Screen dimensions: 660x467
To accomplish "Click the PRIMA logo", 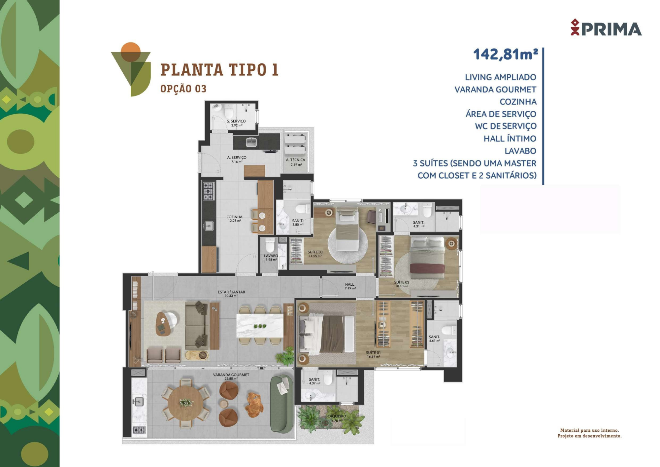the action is coord(606,27).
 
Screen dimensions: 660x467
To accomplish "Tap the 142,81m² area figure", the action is coord(506,54).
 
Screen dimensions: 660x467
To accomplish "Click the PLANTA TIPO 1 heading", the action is coord(219,70).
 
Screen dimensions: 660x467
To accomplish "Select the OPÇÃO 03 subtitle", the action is coord(183,89).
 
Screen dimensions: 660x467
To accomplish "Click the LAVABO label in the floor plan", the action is coord(271,256).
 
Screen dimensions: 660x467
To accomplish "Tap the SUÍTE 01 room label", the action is coord(373,353).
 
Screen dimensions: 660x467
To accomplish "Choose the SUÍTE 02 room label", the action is coord(402,282).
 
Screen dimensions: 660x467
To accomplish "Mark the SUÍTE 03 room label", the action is coord(315,252).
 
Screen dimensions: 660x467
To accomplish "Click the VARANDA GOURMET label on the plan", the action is coord(231,375).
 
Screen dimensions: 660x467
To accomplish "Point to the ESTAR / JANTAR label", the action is coord(231,292).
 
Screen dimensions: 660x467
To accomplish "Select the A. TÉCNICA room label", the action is coord(296,160).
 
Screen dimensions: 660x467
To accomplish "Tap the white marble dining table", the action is coord(260,326).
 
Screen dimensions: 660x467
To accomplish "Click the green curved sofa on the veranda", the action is coord(281,404).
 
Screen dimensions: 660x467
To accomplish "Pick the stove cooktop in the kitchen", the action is coord(209,191).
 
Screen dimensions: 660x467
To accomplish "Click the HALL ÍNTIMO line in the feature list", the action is coord(510,138).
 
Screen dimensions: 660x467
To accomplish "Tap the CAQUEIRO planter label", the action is coord(337,416).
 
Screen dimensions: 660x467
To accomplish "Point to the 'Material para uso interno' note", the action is coord(589,430).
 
